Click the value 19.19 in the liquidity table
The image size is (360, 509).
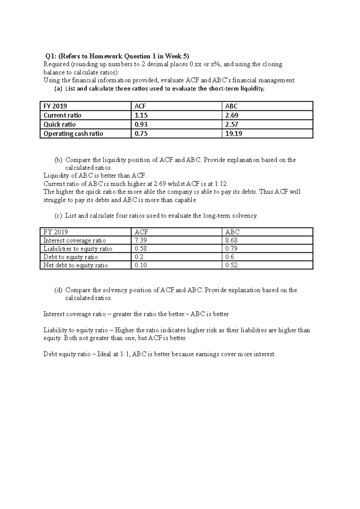[x=233, y=134]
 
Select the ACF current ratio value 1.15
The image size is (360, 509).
[x=141, y=115]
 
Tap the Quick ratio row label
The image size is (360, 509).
[x=59, y=125]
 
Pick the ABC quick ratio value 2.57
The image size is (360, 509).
[x=232, y=125]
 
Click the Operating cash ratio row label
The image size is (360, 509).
[x=73, y=134]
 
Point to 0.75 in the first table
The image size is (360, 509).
[x=141, y=134]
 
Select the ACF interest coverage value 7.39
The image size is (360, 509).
[x=141, y=240]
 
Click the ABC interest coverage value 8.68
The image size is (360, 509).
[x=231, y=240]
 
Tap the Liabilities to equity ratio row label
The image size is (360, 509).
[x=78, y=249]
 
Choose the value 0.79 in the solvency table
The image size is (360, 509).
[x=231, y=249]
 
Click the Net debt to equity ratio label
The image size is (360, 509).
[x=75, y=265]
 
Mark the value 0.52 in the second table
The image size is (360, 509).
[x=231, y=265]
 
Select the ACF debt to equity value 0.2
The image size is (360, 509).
[x=139, y=257]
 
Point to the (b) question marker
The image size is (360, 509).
[x=58, y=160]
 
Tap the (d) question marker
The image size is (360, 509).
[x=58, y=290]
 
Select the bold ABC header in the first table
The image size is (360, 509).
[x=231, y=106]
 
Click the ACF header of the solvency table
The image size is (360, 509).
[x=141, y=232]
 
